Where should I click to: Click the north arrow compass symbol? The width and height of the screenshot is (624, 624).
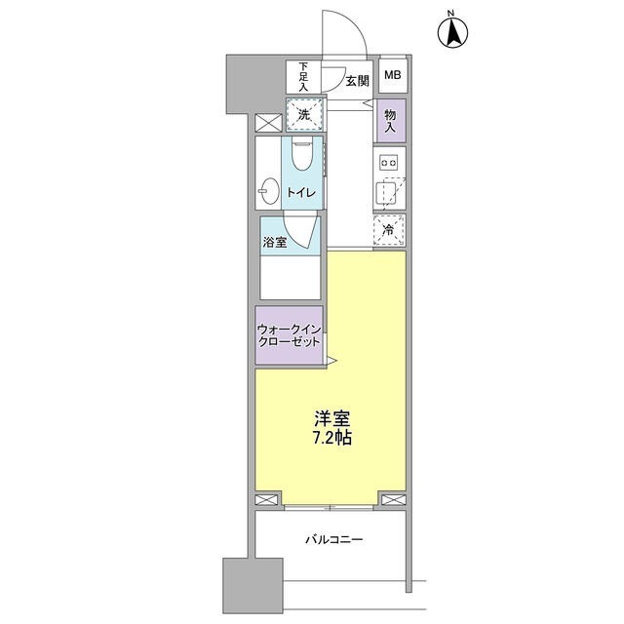pos(451,32)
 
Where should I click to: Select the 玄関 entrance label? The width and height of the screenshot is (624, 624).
pos(357,81)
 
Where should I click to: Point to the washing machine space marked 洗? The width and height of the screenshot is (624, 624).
pos(304,115)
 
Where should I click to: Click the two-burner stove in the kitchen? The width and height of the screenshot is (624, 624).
pos(391,162)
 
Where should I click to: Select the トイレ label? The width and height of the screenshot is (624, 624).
pos(299,193)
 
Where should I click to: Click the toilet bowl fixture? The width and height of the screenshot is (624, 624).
pos(301,156)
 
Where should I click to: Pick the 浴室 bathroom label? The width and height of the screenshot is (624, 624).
pos(274,243)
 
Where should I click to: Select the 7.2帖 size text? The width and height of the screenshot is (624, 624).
pos(332,439)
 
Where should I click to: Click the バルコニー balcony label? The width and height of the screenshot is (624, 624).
pos(333,538)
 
